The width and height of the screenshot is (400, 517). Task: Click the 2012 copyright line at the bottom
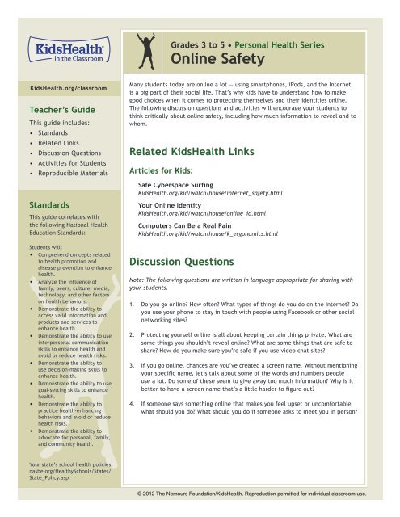[264, 492]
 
